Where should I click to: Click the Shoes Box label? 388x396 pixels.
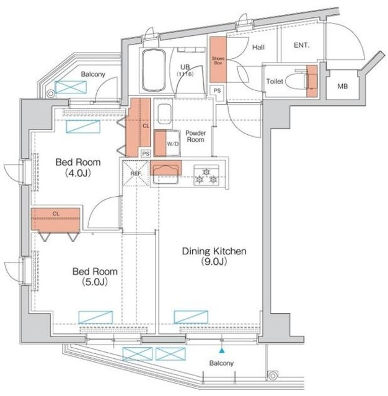(218, 61)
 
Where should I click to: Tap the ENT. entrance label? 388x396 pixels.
(301, 45)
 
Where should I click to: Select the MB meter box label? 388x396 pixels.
(343, 87)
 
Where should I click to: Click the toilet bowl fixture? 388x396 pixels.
(294, 81)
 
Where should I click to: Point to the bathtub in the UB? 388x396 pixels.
(153, 70)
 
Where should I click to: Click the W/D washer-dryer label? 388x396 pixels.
(172, 144)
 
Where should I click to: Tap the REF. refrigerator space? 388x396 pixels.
(136, 173)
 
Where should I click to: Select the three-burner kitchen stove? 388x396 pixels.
(206, 176)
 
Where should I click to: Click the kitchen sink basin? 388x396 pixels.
(165, 174)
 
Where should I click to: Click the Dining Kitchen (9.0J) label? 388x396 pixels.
(214, 256)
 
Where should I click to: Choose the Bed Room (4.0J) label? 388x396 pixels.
(78, 168)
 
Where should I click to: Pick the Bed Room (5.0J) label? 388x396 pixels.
(95, 277)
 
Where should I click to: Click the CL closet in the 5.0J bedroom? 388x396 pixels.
(56, 219)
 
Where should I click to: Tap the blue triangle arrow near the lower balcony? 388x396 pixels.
(222, 350)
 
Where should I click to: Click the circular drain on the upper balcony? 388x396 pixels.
(51, 93)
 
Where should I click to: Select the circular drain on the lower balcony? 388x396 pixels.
(273, 376)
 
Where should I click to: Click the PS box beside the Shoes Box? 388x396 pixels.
(217, 91)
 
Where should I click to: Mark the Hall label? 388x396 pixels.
(258, 47)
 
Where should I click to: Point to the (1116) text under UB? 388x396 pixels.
(185, 74)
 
